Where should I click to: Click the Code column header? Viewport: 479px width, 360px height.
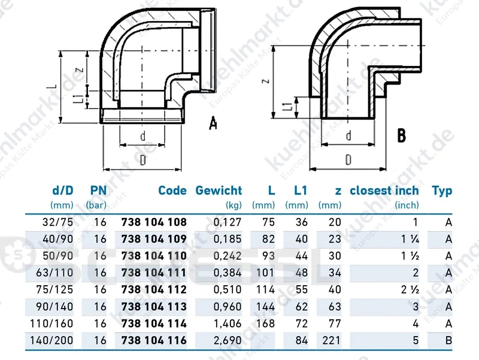pyautogui.click(x=172, y=190)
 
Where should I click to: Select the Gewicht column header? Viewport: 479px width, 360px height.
pyautogui.click(x=219, y=190)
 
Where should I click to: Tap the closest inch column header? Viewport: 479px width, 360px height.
pyautogui.click(x=384, y=190)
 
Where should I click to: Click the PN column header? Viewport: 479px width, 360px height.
pyautogui.click(x=98, y=190)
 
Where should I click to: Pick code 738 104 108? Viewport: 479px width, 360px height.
pyautogui.click(x=154, y=222)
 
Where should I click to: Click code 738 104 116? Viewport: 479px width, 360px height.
pyautogui.click(x=154, y=340)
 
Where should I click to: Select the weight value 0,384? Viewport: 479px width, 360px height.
pyautogui.click(x=228, y=273)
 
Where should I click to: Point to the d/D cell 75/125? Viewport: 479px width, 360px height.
pyautogui.click(x=54, y=289)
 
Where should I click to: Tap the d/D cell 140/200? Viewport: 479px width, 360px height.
pyautogui.click(x=51, y=340)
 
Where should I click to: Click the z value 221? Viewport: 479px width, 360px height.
pyautogui.click(x=332, y=340)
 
